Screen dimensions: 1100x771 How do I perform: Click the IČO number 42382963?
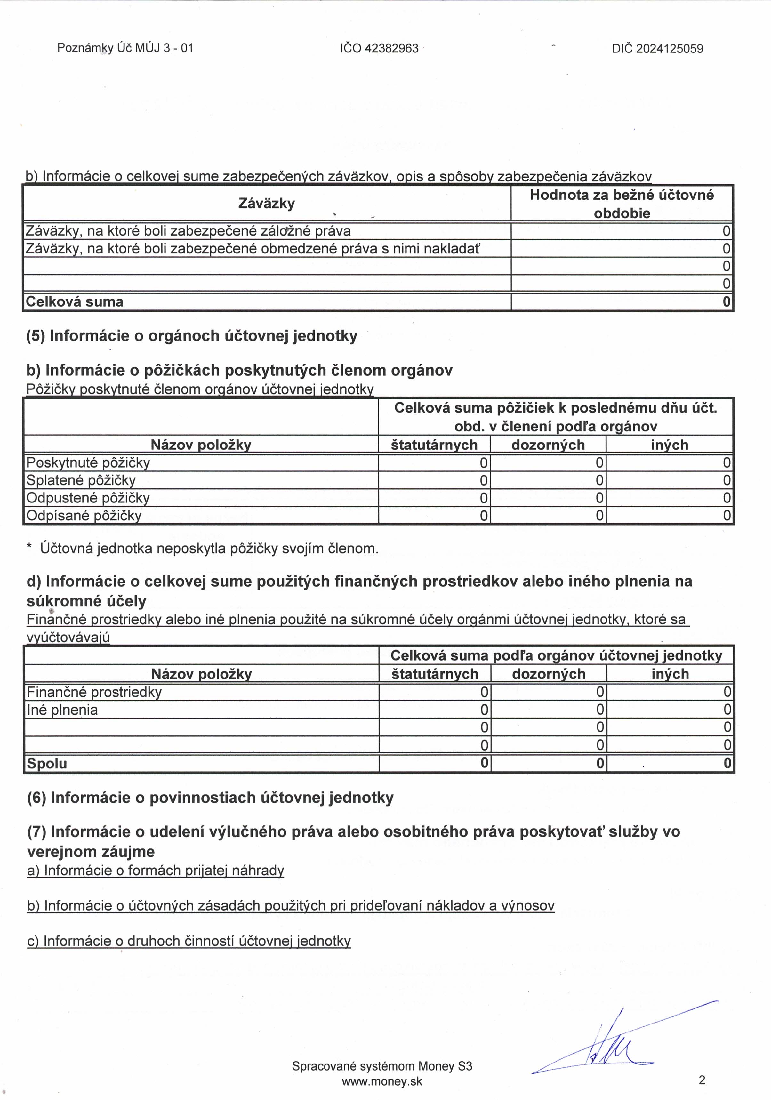coord(391,48)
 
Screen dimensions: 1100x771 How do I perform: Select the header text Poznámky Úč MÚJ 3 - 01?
coord(125,48)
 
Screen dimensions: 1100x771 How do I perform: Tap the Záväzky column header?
coord(266,204)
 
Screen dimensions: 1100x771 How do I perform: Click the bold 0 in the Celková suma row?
coord(727,302)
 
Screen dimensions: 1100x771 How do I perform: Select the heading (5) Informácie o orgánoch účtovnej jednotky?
coord(192,336)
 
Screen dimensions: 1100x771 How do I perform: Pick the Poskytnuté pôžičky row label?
coord(88,463)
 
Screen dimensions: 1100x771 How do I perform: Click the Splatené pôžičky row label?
coord(81,480)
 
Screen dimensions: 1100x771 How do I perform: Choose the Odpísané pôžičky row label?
coord(84,516)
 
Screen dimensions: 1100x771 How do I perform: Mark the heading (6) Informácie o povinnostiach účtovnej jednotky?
coord(210,798)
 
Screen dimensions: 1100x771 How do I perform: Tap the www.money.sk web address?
coord(382,1081)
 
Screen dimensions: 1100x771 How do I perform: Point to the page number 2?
coord(702,1080)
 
